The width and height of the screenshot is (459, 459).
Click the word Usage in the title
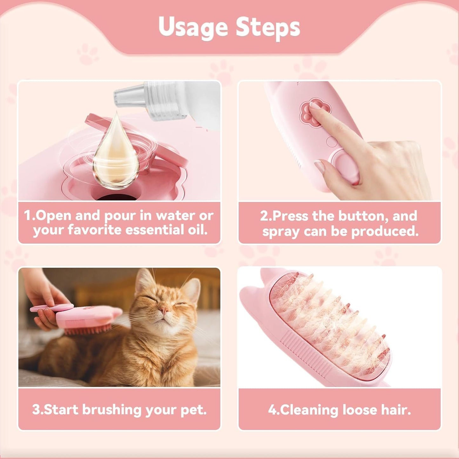click(x=192, y=27)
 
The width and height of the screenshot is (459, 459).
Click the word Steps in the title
click(x=268, y=27)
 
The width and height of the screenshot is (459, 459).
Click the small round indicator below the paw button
click(x=332, y=142)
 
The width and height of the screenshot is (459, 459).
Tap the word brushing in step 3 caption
click(x=112, y=410)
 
